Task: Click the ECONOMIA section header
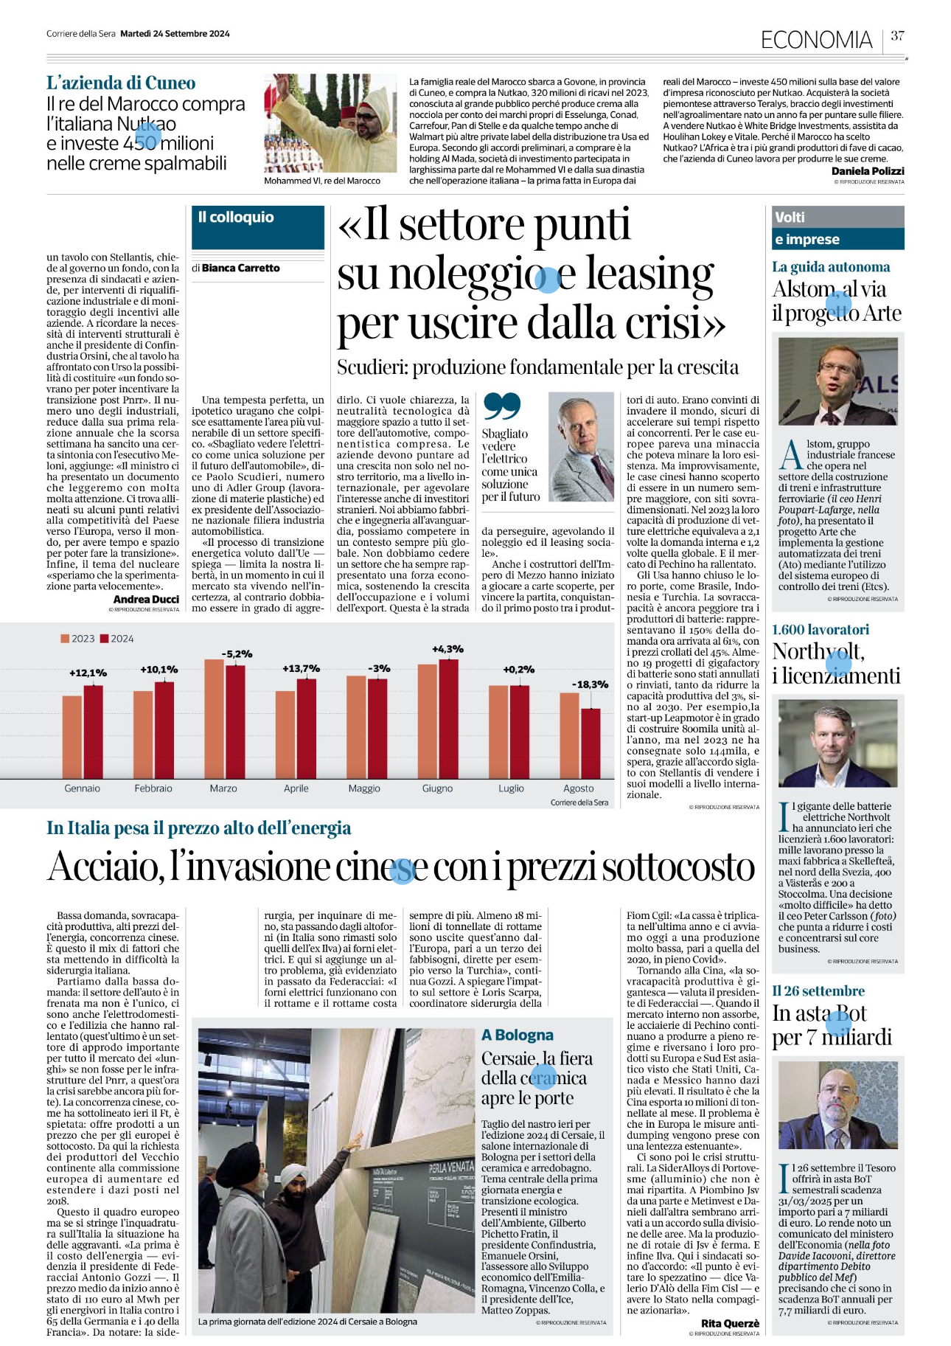point(816,39)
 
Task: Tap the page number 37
point(897,35)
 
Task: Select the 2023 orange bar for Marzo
point(214,716)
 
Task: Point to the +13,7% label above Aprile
point(301,668)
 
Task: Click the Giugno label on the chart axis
point(437,788)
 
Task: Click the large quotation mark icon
point(501,406)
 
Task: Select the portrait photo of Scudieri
point(581,446)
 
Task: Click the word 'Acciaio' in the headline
point(105,867)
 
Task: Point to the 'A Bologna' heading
point(517,1035)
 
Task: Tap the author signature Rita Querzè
point(729,1323)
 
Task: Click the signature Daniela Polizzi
point(867,171)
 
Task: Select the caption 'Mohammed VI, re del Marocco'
point(322,181)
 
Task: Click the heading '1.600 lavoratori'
point(820,629)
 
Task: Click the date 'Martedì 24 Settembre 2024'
point(175,33)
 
